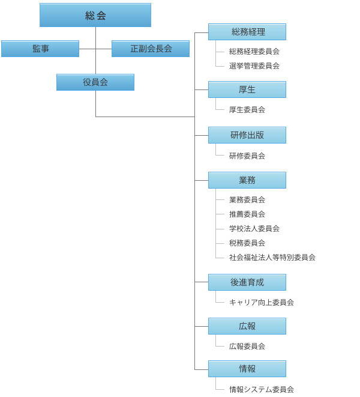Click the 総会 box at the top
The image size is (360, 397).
pos(95,15)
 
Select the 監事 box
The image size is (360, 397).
pos(40,49)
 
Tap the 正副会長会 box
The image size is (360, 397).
pos(151,49)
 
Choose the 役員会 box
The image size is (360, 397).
pos(95,82)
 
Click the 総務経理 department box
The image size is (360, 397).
pos(247,32)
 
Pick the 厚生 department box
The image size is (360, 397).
pos(247,89)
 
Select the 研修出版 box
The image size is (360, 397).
pos(247,135)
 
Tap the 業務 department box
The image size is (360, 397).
pos(247,180)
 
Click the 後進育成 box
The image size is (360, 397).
pos(247,282)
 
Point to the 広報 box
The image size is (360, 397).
pos(247,326)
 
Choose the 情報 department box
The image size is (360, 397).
pos(247,369)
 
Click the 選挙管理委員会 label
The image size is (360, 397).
pos(254,66)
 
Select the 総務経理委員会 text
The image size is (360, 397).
pos(254,52)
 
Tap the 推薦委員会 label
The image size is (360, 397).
pos(247,214)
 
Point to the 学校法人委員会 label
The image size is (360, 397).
pos(254,229)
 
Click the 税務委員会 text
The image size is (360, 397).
pos(247,243)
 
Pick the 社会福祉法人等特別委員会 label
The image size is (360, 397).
pos(272,258)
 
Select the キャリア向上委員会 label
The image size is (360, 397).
pos(262,303)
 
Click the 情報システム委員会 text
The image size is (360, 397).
pos(262,390)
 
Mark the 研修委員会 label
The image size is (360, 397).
pos(247,156)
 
